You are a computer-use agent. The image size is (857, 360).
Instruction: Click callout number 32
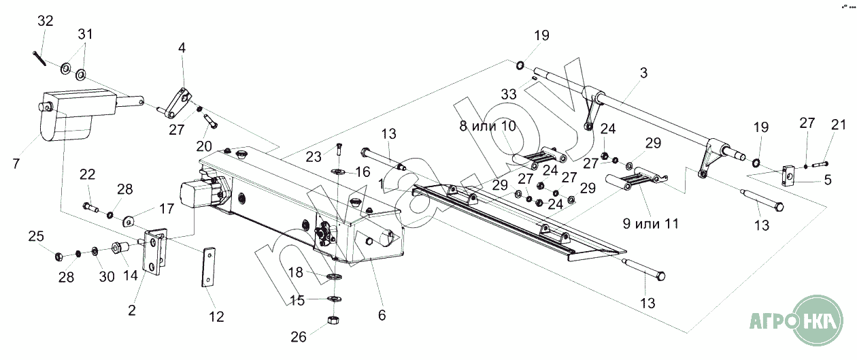(x=46, y=21)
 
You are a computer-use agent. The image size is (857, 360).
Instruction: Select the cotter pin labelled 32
(x=38, y=59)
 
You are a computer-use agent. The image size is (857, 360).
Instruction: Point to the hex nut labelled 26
(x=334, y=320)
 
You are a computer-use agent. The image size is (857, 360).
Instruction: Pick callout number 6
(x=382, y=315)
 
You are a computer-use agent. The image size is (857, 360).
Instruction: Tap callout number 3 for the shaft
(x=643, y=71)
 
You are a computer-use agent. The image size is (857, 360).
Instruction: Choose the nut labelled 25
(x=58, y=257)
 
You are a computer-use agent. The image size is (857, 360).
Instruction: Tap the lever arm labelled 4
(x=181, y=100)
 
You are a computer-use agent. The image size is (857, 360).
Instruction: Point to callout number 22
(x=87, y=175)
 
